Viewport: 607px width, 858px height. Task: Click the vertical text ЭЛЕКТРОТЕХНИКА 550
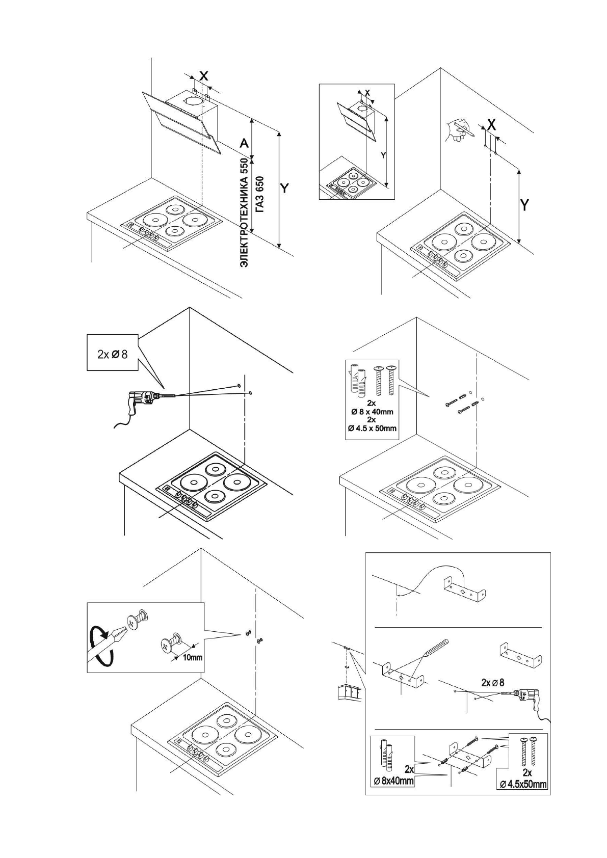click(x=245, y=213)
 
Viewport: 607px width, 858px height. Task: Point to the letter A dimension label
click(x=244, y=144)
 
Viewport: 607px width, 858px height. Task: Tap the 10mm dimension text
click(x=193, y=657)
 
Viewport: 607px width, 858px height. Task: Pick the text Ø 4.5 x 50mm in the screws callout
click(x=372, y=428)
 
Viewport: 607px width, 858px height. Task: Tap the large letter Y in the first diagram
click(x=285, y=189)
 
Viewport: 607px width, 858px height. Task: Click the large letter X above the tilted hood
click(x=203, y=76)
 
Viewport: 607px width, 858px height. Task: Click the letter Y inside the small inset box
click(x=383, y=155)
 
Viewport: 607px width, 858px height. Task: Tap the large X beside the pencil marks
click(x=491, y=124)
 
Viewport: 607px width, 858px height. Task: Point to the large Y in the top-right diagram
click(x=524, y=205)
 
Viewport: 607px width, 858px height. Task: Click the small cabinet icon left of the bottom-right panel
click(x=350, y=692)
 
